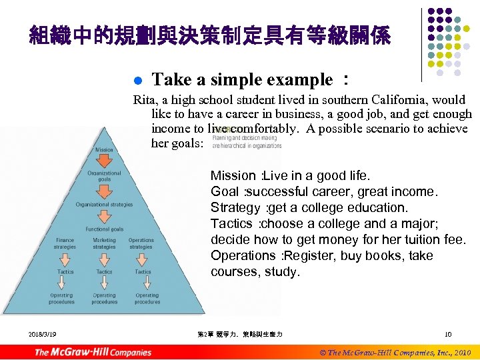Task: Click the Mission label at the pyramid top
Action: click(x=104, y=150)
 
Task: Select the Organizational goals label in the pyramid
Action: click(x=104, y=176)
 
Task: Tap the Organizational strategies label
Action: click(x=104, y=205)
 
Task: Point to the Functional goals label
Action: click(x=104, y=229)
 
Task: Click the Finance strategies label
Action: click(x=65, y=243)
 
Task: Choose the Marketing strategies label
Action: click(x=104, y=243)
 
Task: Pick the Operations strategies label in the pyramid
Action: click(x=141, y=243)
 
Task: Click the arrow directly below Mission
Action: click(x=104, y=161)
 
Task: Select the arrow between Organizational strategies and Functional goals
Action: click(x=104, y=217)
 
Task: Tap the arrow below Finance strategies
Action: click(x=65, y=259)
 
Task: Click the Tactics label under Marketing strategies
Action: click(x=104, y=272)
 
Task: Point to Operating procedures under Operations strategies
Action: click(x=147, y=299)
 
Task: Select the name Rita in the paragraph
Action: click(x=145, y=100)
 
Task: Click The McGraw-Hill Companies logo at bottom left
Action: click(x=93, y=351)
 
